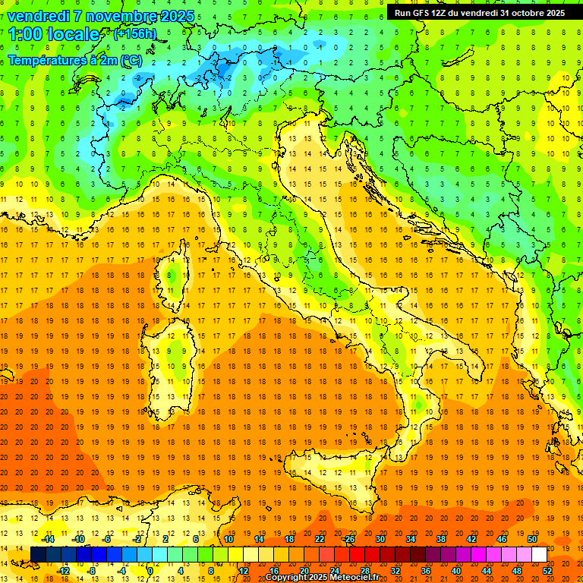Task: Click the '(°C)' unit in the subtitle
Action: [130, 59]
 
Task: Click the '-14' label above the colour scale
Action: [47, 539]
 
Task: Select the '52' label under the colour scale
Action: [548, 571]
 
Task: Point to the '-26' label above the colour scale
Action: [348, 539]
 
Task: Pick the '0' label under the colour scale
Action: [150, 571]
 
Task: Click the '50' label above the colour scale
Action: [531, 539]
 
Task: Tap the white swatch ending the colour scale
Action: [539, 555]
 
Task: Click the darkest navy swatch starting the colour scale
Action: [38, 555]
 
